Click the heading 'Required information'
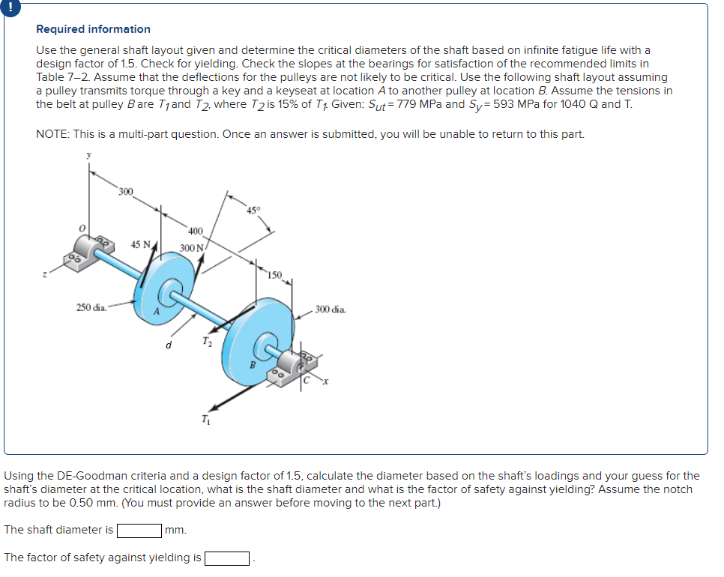(93, 29)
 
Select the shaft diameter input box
(139, 531)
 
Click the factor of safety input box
(227, 558)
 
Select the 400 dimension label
(195, 231)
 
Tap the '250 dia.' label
(91, 306)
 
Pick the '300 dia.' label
(331, 309)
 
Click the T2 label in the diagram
(207, 344)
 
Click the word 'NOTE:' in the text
(52, 134)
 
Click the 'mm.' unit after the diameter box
(176, 531)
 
